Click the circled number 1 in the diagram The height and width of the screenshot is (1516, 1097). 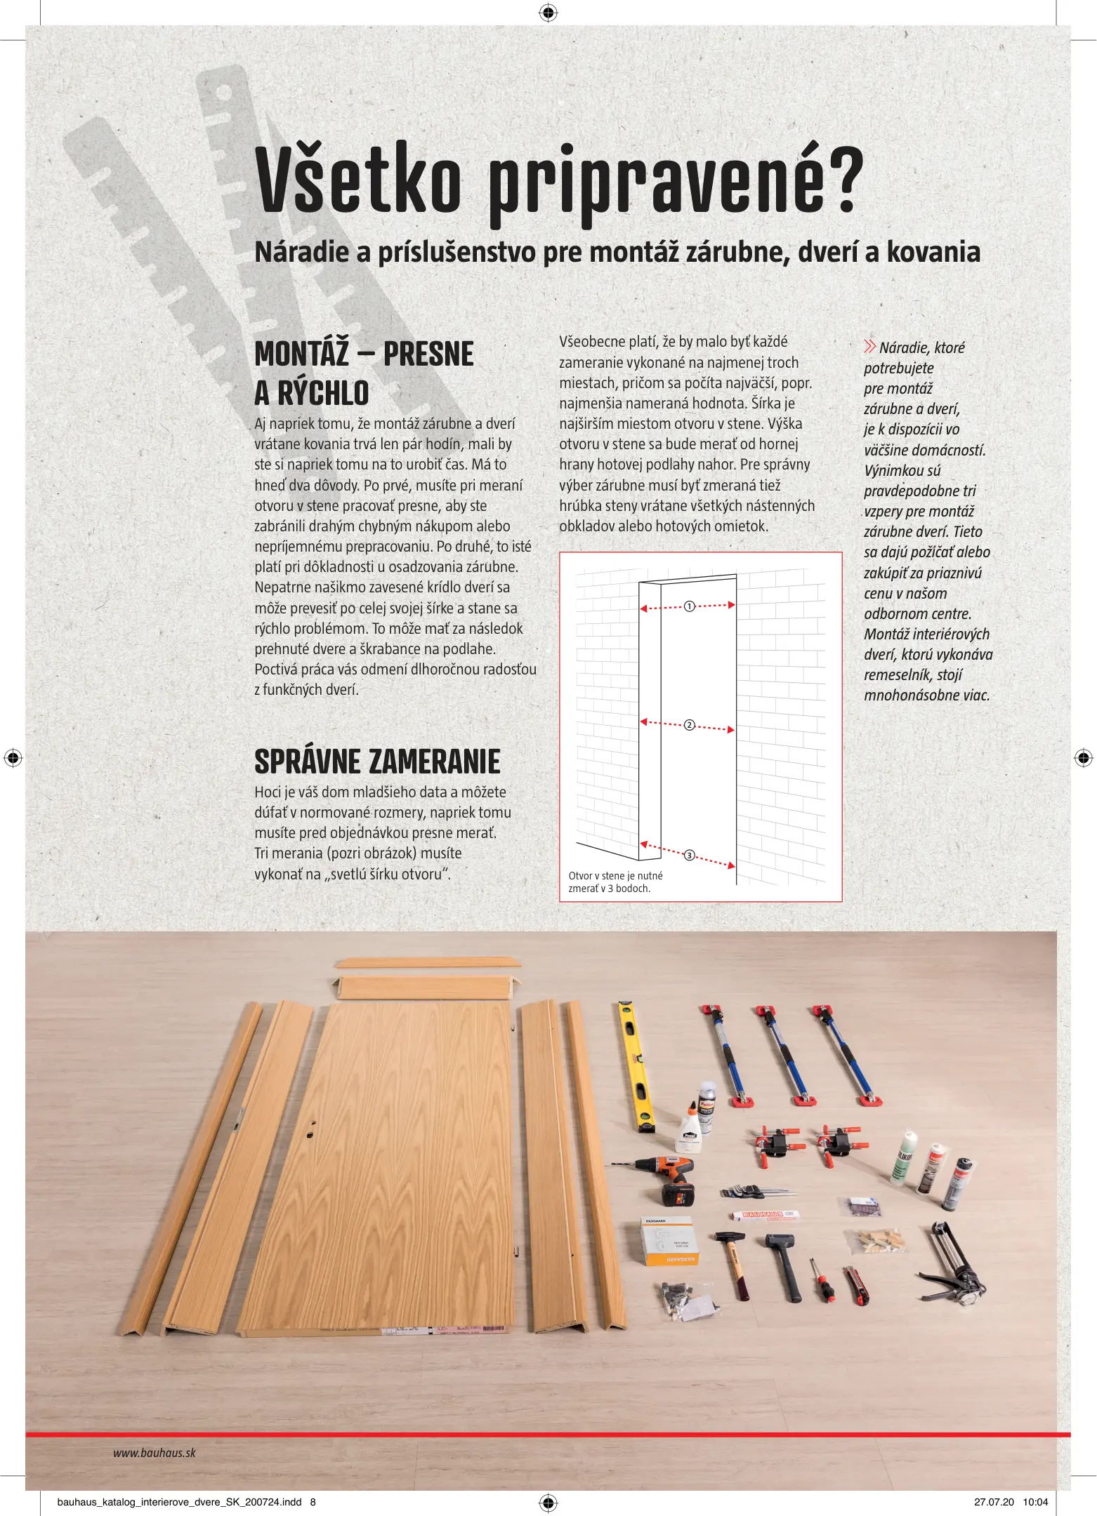click(689, 606)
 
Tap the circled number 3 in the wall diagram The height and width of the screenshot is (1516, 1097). click(689, 855)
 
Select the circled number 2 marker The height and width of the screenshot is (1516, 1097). click(689, 725)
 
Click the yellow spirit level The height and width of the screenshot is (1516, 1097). click(636, 1068)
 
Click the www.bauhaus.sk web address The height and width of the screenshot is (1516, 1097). click(155, 1453)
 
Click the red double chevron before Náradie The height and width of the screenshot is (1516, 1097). click(870, 347)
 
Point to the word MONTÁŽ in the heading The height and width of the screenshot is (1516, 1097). click(301, 354)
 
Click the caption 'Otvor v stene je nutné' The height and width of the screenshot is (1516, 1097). click(615, 875)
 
